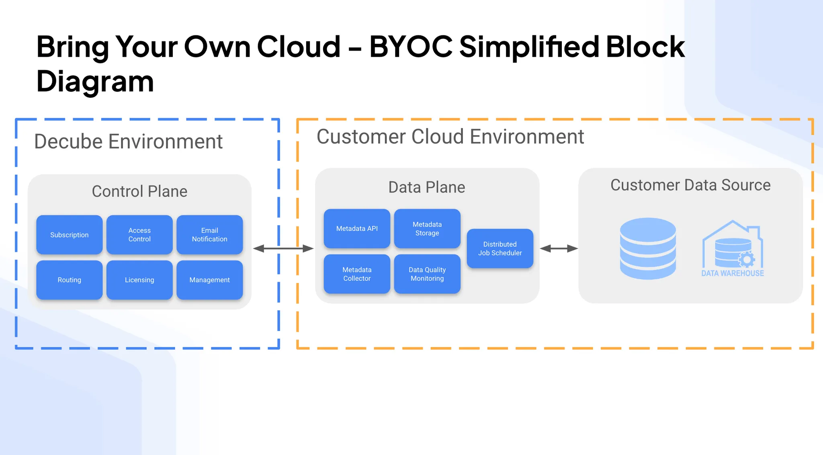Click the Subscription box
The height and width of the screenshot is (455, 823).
(x=69, y=235)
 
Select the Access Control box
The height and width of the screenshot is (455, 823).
(x=139, y=235)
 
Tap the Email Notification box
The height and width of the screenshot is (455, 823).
(x=209, y=235)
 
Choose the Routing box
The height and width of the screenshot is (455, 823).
(x=69, y=280)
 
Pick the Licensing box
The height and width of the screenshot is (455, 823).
(x=139, y=280)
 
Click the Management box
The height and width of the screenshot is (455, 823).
(x=209, y=280)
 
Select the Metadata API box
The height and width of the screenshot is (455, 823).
(x=357, y=228)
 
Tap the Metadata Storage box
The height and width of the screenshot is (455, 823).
(x=427, y=228)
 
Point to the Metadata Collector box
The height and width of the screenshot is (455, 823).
(x=357, y=274)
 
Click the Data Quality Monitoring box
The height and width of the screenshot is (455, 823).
(x=427, y=274)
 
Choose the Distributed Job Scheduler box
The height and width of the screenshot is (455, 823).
(x=500, y=248)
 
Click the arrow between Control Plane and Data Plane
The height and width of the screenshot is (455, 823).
(x=283, y=248)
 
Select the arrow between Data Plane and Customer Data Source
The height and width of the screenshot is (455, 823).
(x=559, y=249)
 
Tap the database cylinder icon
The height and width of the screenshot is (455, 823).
(x=648, y=248)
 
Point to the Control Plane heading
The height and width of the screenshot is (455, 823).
(x=139, y=191)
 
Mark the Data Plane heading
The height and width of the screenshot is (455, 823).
(x=427, y=187)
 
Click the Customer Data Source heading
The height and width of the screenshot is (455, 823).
(x=690, y=185)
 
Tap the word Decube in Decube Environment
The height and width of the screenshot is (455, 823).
(x=68, y=141)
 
